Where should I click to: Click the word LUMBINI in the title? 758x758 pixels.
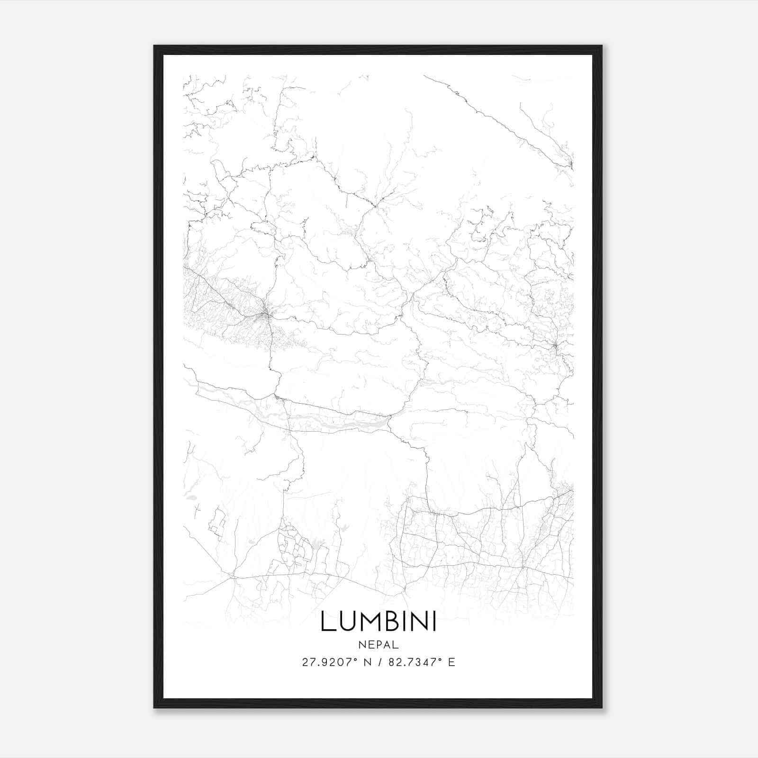[378, 622]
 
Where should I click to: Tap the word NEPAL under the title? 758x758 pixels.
[379, 645]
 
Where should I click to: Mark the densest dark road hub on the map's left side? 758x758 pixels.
[266, 313]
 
